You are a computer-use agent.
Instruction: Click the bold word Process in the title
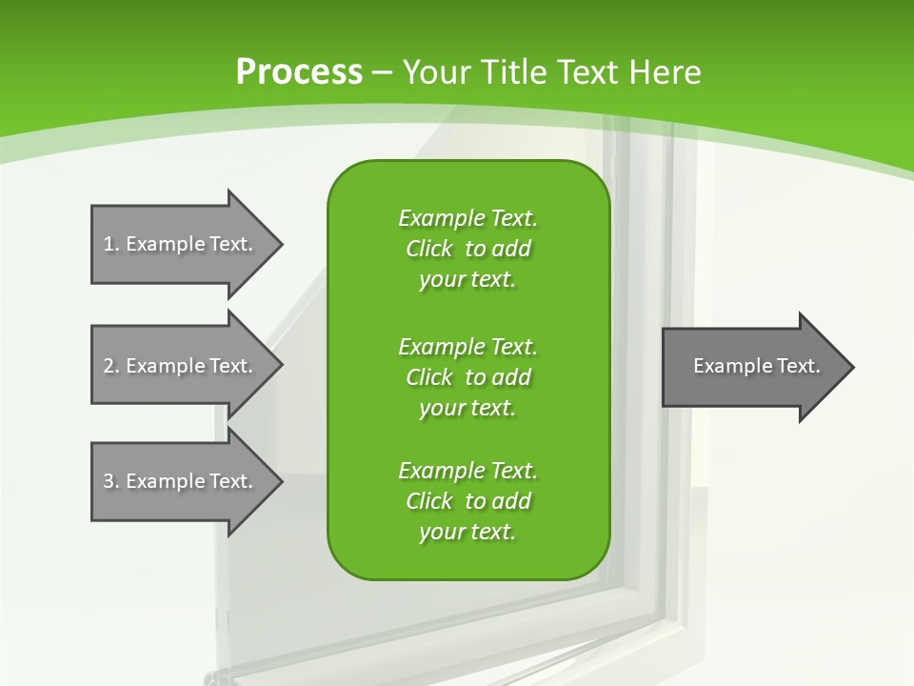tap(299, 72)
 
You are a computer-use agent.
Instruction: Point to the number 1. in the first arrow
tap(111, 244)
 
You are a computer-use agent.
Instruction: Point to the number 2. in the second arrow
tap(111, 366)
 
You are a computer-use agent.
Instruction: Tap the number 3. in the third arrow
tap(111, 481)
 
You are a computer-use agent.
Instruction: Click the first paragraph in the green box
tap(467, 249)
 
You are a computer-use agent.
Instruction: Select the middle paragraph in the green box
tap(467, 376)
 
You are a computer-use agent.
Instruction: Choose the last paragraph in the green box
tap(467, 501)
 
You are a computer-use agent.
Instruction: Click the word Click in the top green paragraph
tap(428, 249)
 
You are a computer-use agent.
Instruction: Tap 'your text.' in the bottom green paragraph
tap(467, 532)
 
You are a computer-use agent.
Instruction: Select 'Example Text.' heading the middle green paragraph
tap(467, 346)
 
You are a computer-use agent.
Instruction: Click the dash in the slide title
tap(383, 72)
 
